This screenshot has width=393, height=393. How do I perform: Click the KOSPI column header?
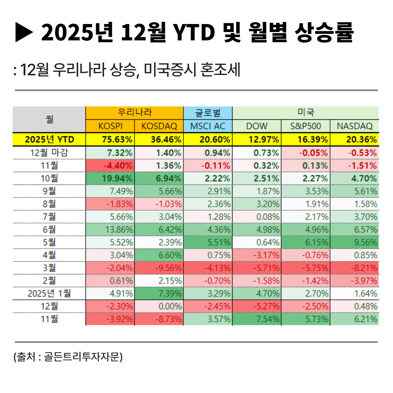pos(110,126)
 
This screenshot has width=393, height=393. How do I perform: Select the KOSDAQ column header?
pos(159,126)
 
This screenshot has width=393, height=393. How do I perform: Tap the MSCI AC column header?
pos(208,126)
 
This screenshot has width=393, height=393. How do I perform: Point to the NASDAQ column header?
pos(354,126)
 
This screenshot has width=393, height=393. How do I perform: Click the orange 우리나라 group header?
pos(135,113)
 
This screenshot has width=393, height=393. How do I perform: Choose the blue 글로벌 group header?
pos(208,113)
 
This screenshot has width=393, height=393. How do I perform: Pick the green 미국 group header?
pos(305,113)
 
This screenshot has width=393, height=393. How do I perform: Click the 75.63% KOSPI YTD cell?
pos(110,139)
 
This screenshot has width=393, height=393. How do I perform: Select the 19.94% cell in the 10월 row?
pos(110,179)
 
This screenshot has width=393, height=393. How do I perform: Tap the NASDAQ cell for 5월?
pos(354,242)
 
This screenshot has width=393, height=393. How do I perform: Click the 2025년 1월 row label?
pos(49,293)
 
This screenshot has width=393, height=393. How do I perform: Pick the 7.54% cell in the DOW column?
pos(257,319)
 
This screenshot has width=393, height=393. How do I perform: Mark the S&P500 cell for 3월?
pos(305,268)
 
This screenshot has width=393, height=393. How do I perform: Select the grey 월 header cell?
pos(49,119)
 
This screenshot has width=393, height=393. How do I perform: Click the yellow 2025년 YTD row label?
pos(49,139)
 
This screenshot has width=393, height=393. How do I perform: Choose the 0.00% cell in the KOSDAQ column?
pos(159,306)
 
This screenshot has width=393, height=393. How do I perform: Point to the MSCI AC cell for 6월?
pos(208,230)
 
